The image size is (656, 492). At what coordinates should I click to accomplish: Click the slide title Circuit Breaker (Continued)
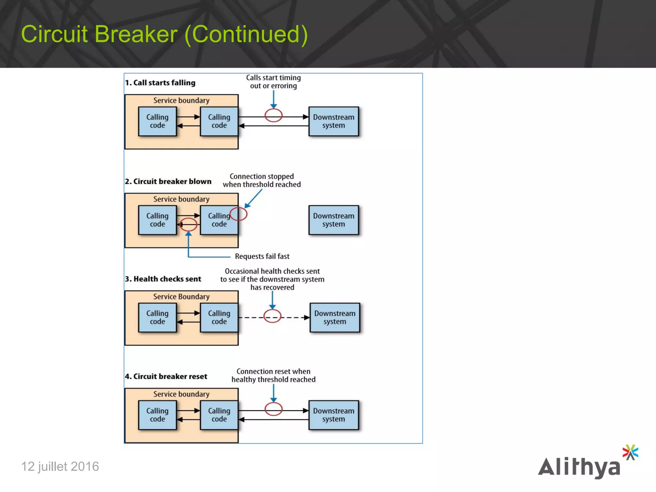pyautogui.click(x=164, y=34)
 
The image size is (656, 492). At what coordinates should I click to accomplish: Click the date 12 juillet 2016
pyautogui.click(x=60, y=466)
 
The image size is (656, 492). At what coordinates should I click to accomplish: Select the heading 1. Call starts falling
pyautogui.click(x=160, y=83)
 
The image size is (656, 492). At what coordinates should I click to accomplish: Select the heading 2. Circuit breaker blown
pyautogui.click(x=168, y=182)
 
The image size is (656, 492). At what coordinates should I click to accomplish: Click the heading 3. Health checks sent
pyautogui.click(x=163, y=279)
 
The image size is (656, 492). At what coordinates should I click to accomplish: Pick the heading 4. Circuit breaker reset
pyautogui.click(x=166, y=376)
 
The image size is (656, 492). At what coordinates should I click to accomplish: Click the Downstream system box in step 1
pyautogui.click(x=333, y=121)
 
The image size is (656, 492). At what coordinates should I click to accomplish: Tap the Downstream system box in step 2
pyautogui.click(x=333, y=220)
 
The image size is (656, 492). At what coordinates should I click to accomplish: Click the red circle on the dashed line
pyautogui.click(x=272, y=316)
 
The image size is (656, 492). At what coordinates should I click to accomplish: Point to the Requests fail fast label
pyautogui.click(x=262, y=256)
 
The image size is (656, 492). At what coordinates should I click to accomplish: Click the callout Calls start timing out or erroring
pyautogui.click(x=273, y=82)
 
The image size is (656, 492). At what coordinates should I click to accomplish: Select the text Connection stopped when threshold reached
pyautogui.click(x=262, y=180)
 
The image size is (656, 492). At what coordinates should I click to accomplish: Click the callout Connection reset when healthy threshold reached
pyautogui.click(x=273, y=375)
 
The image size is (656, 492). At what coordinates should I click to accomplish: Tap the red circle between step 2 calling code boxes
pyautogui.click(x=188, y=225)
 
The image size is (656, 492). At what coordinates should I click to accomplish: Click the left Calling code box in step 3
pyautogui.click(x=157, y=317)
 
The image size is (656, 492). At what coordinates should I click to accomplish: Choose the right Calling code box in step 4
pyautogui.click(x=219, y=415)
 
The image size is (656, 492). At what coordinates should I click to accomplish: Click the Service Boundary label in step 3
pyautogui.click(x=181, y=297)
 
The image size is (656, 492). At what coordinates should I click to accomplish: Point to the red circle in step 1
pyautogui.click(x=273, y=116)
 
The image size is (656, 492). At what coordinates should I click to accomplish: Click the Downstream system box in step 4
pyautogui.click(x=333, y=415)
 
